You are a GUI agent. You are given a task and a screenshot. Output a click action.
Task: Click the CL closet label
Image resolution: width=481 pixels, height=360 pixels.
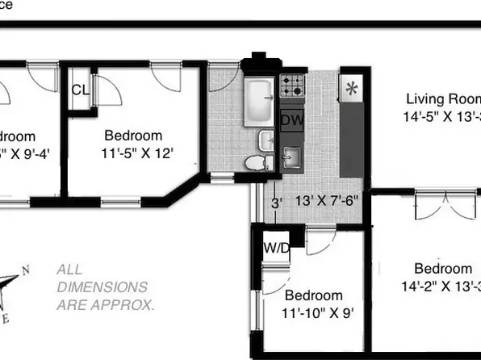[79, 89]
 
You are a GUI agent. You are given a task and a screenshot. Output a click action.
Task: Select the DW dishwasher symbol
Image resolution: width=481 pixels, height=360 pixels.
[291, 119]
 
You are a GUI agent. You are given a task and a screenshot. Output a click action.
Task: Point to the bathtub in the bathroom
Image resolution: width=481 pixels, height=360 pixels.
[260, 100]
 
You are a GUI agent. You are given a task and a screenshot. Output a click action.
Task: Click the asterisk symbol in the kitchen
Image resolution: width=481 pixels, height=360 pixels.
[351, 90]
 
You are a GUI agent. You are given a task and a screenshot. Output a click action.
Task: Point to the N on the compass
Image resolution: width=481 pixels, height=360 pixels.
[24, 270]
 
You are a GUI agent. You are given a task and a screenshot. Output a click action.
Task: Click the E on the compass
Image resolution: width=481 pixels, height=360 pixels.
[10, 317]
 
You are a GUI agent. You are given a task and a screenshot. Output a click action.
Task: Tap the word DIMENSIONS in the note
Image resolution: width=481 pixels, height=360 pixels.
[102, 287]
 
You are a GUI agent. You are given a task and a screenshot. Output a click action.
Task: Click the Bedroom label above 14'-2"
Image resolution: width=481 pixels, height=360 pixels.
[442, 269]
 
